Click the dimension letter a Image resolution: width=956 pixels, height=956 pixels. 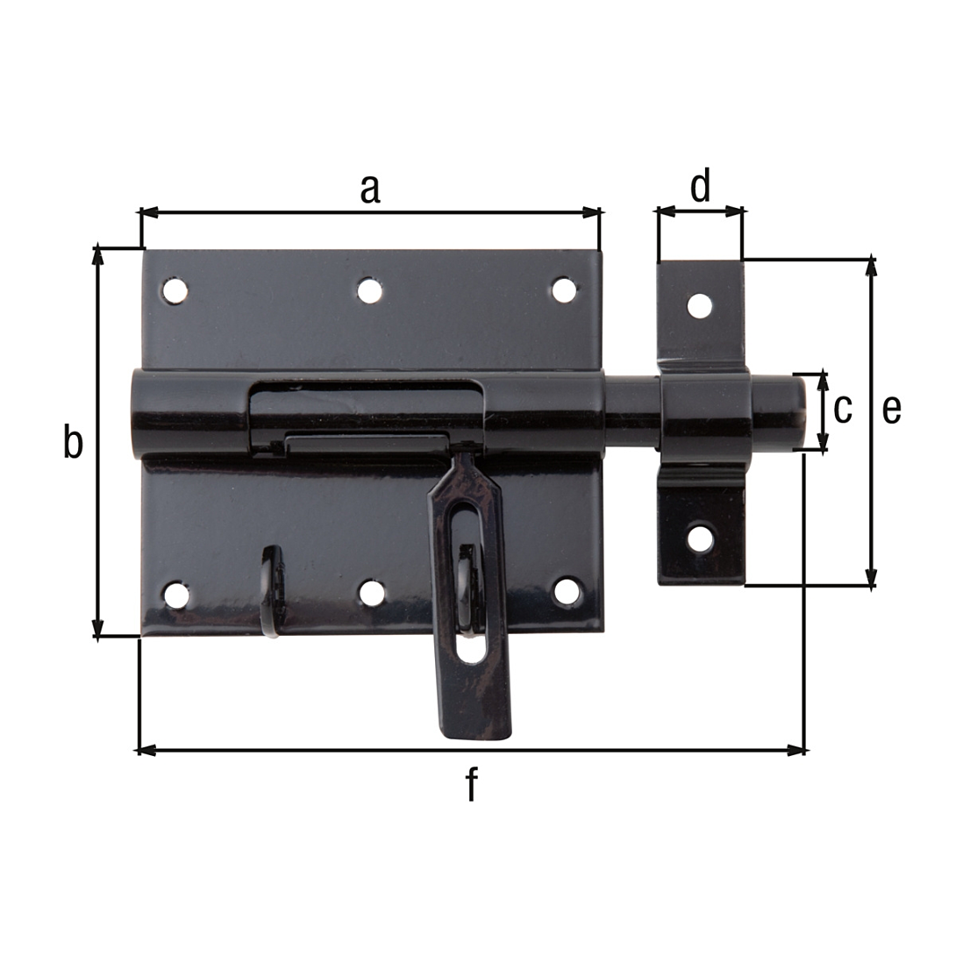tap(370, 189)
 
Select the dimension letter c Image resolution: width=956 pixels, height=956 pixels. tap(843, 409)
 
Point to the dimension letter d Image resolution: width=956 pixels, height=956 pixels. tap(701, 185)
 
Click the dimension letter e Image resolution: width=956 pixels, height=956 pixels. tap(891, 409)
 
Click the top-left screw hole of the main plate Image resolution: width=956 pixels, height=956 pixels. tap(175, 290)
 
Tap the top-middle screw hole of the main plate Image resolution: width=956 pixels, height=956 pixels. tap(369, 290)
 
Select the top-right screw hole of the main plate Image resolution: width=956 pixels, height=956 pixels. tap(565, 290)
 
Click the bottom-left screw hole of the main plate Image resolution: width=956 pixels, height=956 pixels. tap(176, 594)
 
